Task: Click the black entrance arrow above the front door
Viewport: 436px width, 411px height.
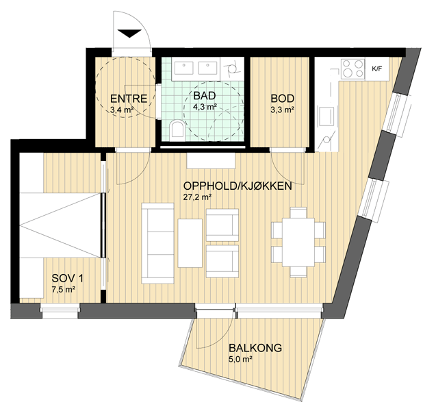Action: (129, 33)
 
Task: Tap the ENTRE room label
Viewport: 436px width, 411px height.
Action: (129, 99)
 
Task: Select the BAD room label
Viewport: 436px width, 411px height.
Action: (205, 96)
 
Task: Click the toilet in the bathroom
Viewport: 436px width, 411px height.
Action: (177, 129)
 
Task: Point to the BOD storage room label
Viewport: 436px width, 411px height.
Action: (283, 99)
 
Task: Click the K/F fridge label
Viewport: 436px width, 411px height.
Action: (376, 69)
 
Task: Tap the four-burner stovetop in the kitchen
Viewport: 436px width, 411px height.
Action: (353, 68)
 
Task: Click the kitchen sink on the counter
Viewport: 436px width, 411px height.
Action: (326, 116)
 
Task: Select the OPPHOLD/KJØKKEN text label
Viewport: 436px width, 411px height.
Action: (238, 186)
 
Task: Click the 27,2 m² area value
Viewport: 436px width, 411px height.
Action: (197, 197)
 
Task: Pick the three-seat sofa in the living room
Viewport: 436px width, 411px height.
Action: (157, 243)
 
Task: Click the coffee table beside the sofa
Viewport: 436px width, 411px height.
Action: (190, 243)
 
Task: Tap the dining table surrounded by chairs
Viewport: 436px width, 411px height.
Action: (298, 242)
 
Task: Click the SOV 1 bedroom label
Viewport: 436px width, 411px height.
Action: (67, 278)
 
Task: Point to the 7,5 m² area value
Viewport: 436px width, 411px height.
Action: (64, 290)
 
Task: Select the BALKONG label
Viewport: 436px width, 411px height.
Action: (255, 348)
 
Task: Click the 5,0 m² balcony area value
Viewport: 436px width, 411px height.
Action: (240, 359)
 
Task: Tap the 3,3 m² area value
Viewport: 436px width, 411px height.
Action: (283, 110)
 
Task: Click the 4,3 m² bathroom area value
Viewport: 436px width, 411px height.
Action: (205, 107)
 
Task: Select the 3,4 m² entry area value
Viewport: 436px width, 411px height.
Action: (122, 110)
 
